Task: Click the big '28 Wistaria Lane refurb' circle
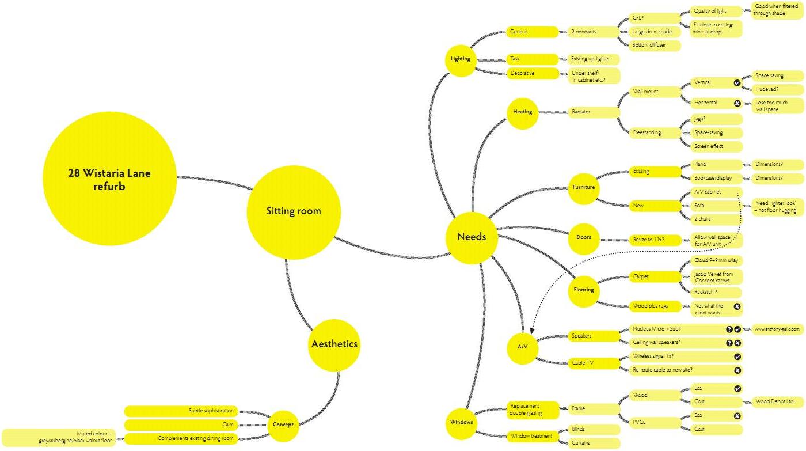coord(109,179)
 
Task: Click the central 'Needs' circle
coord(472,237)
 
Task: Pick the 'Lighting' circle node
coord(461,59)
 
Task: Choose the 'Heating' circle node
coord(523,112)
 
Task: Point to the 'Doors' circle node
coord(584,237)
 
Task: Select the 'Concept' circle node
coord(283,425)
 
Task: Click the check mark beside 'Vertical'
coord(737,83)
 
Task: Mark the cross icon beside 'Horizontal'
coord(737,103)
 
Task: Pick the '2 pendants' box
coord(591,32)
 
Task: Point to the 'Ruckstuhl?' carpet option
coord(706,291)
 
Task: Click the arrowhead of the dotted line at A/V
coord(533,332)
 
